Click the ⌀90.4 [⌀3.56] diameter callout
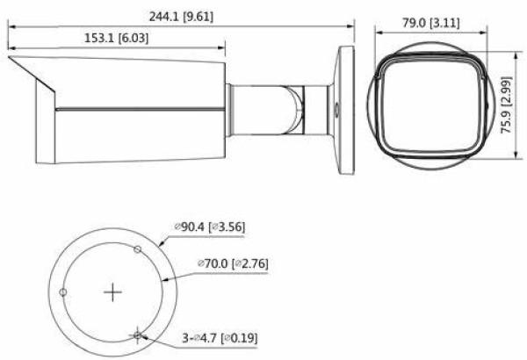point(211,227)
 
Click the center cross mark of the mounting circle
point(112,292)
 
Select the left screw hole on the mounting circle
point(62,292)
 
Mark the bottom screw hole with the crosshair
point(138,335)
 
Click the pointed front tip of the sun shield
point(9,59)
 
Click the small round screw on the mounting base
point(335,112)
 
